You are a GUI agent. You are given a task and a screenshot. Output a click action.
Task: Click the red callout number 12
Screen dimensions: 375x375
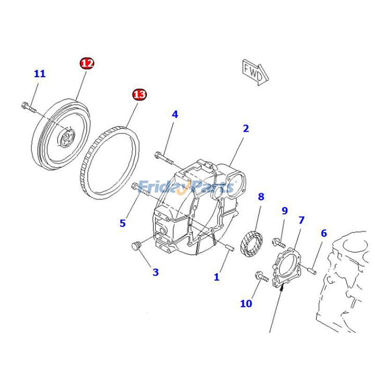pos(87,63)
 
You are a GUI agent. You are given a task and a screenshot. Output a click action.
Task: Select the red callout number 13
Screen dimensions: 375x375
pos(139,95)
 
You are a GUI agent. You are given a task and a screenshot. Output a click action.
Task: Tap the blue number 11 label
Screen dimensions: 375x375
pos(40,74)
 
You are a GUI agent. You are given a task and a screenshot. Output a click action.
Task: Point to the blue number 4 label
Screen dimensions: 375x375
pos(175,114)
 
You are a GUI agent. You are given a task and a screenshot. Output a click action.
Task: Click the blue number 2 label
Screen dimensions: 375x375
pos(246,128)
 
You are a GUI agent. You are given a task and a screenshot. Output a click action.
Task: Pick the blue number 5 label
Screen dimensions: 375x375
pos(122,223)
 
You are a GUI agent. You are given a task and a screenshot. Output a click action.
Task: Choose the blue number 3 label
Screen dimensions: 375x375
pos(155,272)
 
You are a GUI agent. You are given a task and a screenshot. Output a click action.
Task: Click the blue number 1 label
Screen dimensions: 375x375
pos(217,277)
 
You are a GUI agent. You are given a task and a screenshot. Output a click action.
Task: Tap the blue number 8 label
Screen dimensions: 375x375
pos(261,197)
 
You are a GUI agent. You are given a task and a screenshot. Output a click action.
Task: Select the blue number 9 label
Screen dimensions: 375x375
pos(285,211)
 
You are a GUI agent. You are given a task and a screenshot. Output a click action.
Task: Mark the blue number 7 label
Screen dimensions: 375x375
pos(301,220)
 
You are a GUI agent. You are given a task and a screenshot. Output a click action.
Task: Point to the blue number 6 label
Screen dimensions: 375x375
pos(323,233)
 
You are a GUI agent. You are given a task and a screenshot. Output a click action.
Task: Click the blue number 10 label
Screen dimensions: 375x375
pos(246,304)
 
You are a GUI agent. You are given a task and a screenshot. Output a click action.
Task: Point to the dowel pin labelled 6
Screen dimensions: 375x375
pos(313,270)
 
